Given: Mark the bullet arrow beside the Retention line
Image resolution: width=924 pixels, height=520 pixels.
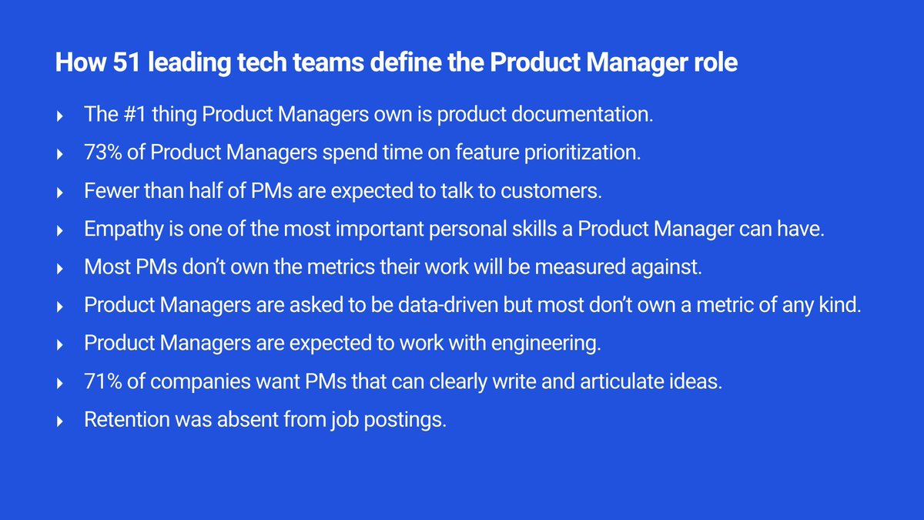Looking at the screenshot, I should (x=60, y=421).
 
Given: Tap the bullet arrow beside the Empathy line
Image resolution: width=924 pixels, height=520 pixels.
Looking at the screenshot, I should (x=60, y=230).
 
